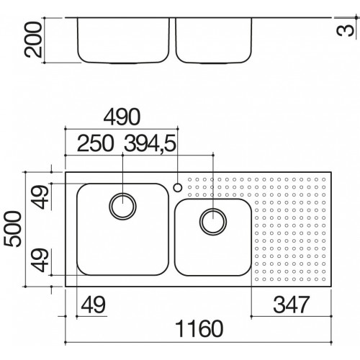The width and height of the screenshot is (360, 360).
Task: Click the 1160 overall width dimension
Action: click(x=199, y=328)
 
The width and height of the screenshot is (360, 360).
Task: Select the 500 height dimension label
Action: click(x=12, y=229)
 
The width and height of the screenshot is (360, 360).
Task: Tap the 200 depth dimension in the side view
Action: click(x=33, y=40)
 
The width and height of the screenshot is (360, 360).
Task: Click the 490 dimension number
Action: click(x=122, y=117)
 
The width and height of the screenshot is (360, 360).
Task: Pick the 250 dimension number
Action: click(x=95, y=143)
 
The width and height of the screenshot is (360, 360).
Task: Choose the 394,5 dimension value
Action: click(x=150, y=144)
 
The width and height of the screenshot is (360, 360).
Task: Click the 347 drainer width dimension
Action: click(x=292, y=305)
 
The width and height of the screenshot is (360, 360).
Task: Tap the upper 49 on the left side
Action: click(x=41, y=197)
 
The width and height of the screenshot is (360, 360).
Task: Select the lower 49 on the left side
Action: click(x=41, y=260)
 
